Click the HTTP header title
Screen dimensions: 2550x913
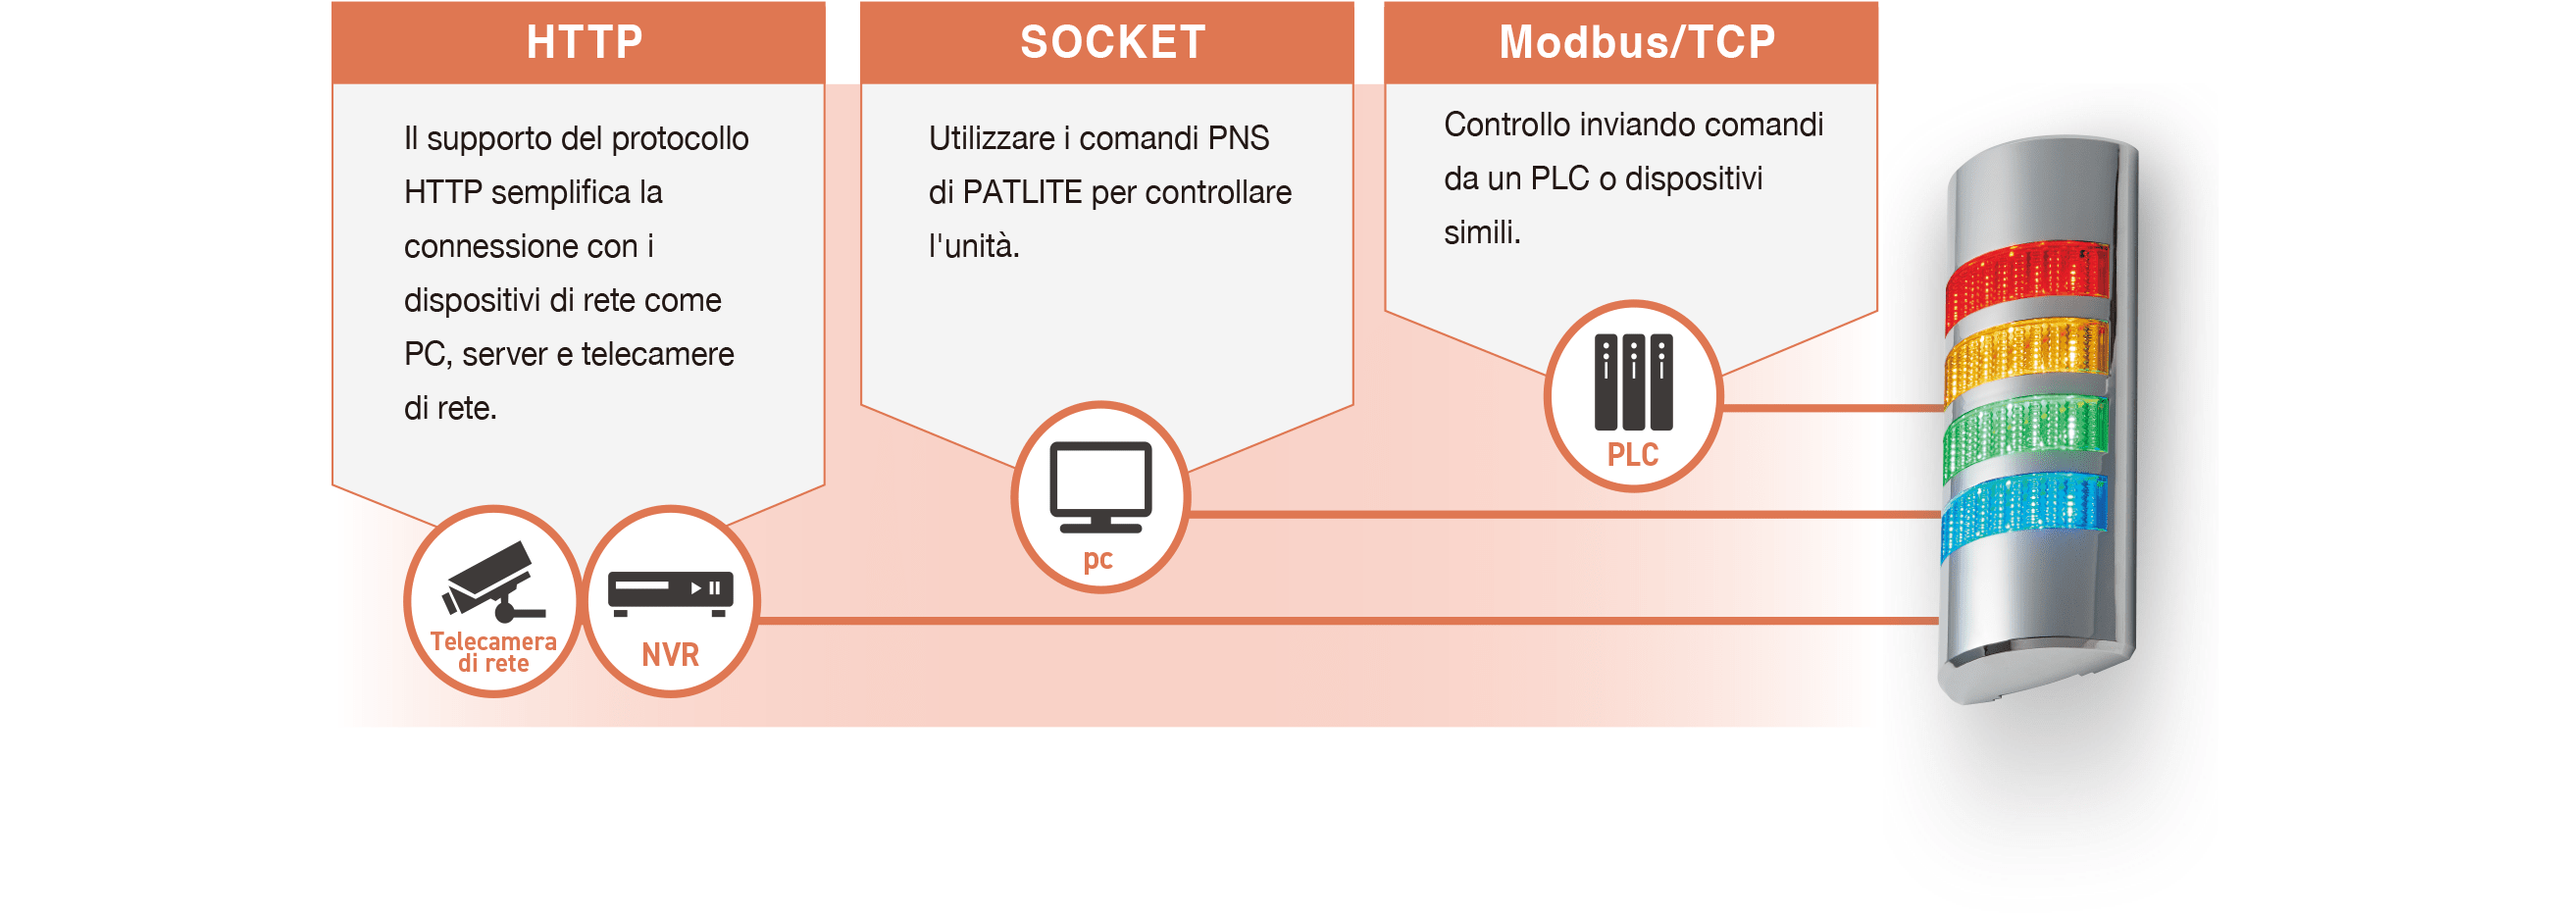[x=584, y=42]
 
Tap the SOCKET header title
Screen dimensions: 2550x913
[x=1112, y=42]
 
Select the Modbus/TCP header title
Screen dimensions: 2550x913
[x=1637, y=42]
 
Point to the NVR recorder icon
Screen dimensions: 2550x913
[x=670, y=593]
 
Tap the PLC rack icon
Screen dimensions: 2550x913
[x=1633, y=382]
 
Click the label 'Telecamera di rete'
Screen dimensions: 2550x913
[x=493, y=652]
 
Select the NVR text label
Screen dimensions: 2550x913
[x=670, y=654]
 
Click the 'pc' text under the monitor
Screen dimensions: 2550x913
[x=1098, y=560]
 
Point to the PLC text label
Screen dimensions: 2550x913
[x=1632, y=454]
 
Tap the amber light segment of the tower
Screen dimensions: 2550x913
[x=2025, y=356]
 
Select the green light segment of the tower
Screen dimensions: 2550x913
[x=2025, y=432]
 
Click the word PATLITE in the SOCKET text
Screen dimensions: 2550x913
[x=1023, y=192]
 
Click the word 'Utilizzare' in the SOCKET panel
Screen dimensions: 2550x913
[x=992, y=137]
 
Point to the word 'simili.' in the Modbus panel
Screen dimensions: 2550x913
[x=1482, y=232]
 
